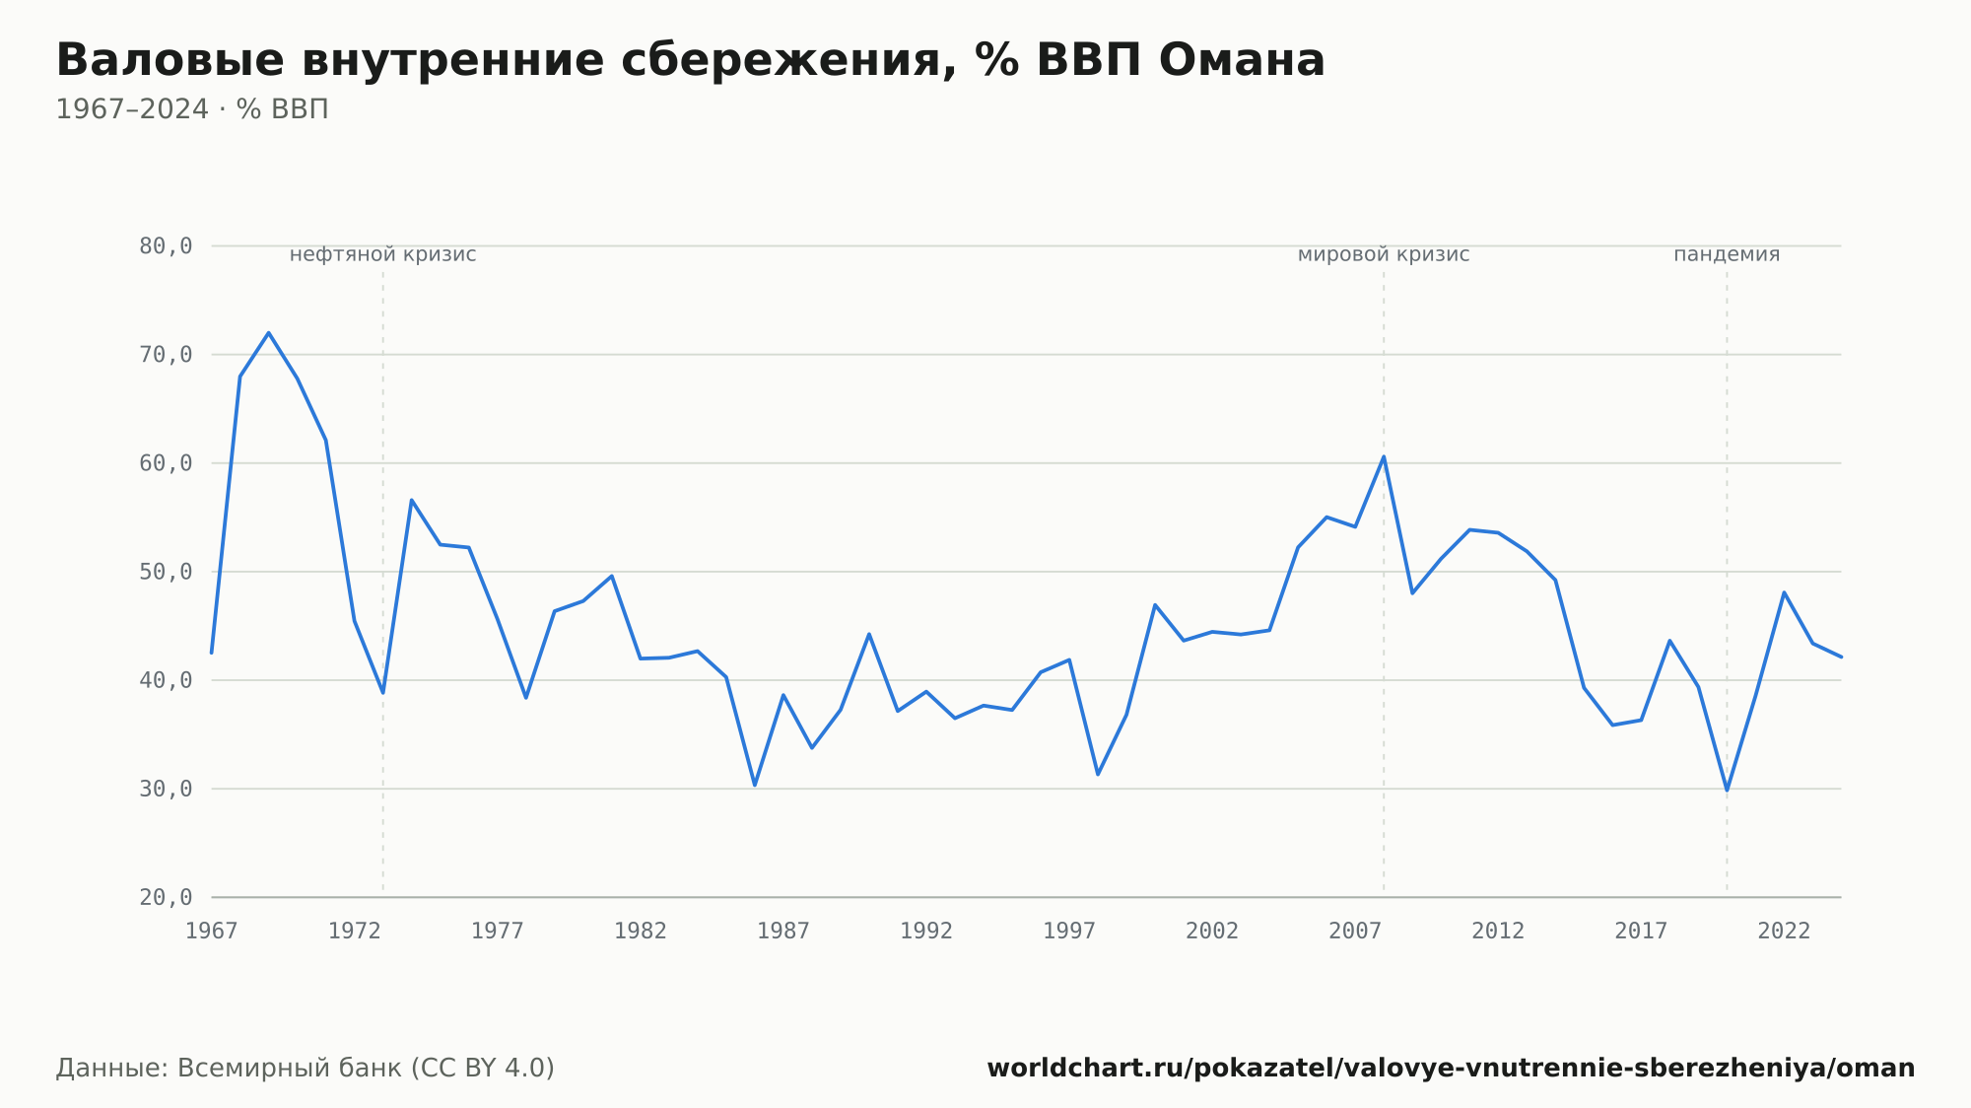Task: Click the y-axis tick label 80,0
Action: point(166,246)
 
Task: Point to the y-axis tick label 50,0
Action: point(166,572)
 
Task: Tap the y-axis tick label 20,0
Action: point(166,897)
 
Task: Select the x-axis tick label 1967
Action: point(212,932)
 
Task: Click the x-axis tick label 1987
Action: point(783,932)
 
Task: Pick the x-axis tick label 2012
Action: point(1498,932)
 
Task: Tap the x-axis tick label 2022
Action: point(1784,932)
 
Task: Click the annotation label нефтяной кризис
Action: point(382,254)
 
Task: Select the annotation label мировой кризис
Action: point(1384,254)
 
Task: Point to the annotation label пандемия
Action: point(1727,254)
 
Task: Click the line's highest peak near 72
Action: point(268,333)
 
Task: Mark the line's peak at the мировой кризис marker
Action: point(1384,456)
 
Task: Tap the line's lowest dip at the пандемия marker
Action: point(1727,791)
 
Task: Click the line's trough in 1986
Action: point(755,785)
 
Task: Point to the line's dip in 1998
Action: point(1098,774)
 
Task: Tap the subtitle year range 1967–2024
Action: point(132,109)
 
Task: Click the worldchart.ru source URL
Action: point(1451,1068)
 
